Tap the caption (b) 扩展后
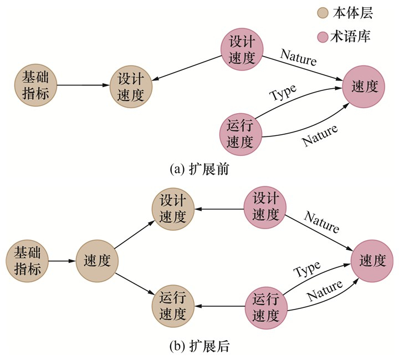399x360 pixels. click(x=199, y=347)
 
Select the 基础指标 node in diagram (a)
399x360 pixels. click(x=36, y=85)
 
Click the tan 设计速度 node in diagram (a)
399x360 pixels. click(x=131, y=86)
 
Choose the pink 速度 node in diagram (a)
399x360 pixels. click(x=364, y=87)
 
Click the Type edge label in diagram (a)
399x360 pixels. click(x=283, y=93)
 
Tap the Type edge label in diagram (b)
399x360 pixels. click(x=306, y=271)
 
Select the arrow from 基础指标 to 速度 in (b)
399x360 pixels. click(x=62, y=261)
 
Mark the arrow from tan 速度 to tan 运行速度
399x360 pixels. click(x=133, y=283)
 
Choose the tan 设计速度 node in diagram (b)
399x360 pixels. click(x=172, y=209)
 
